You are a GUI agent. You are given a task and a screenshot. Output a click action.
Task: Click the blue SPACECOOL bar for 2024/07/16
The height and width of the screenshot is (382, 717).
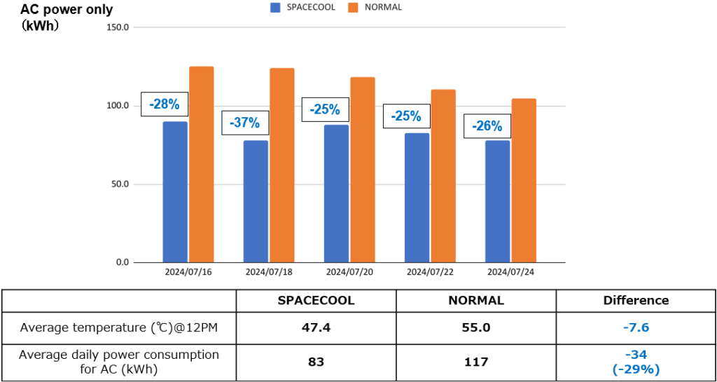coord(175,192)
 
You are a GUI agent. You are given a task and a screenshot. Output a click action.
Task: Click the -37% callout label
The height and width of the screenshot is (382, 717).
coord(245,123)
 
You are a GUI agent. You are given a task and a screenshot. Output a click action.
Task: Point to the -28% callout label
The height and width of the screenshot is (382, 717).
coord(165,105)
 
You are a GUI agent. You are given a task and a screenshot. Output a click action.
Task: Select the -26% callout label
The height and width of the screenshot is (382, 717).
coord(487,126)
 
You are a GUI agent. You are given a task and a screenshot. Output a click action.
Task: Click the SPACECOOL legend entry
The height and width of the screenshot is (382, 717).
coord(304,7)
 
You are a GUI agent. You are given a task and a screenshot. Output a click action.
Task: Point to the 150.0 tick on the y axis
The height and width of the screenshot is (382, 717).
coord(118,27)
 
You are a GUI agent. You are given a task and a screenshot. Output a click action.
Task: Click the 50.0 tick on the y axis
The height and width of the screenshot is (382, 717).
coord(120,184)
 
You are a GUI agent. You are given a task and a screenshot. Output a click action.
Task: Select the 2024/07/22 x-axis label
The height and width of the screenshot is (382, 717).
coord(430,271)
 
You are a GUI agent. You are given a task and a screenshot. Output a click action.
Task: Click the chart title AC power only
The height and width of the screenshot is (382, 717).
coord(66,10)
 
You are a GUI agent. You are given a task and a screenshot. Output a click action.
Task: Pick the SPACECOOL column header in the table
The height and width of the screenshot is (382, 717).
coord(316,301)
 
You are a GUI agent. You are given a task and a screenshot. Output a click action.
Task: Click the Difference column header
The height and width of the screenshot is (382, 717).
coord(636,301)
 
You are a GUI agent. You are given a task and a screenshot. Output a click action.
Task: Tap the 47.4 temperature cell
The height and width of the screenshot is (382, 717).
coord(316,327)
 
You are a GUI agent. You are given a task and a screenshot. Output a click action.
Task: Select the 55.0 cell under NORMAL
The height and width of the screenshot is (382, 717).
coord(476,327)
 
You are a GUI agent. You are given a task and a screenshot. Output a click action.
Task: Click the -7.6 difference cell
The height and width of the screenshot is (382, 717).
coord(636,327)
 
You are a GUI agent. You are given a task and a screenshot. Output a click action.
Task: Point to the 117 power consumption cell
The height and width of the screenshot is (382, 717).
coord(476,362)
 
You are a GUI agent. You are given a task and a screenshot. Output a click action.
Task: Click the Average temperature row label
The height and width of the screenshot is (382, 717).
coord(119,327)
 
